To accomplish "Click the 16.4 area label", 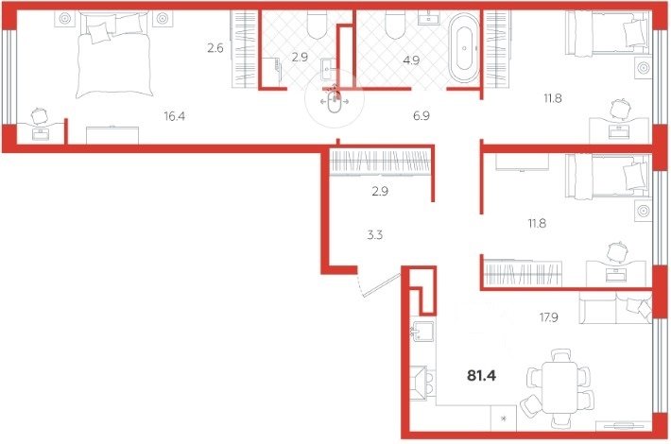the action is (x=175, y=115).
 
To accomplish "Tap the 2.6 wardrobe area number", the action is (x=215, y=48).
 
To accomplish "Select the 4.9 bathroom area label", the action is (x=411, y=60).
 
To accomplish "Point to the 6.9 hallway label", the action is (x=422, y=115).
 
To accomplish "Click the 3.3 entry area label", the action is (x=375, y=235).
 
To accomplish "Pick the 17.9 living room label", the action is (x=548, y=317).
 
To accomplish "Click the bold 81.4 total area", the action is (x=481, y=376).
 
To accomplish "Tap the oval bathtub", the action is (x=464, y=48).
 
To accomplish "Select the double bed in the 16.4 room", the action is (x=114, y=55).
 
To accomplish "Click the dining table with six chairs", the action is (x=558, y=388).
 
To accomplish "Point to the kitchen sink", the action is (x=422, y=333).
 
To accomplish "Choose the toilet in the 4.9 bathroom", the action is (x=395, y=25).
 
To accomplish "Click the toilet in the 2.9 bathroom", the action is (x=318, y=25).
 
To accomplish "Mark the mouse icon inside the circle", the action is (x=334, y=102).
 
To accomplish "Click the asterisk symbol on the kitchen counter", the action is (x=503, y=418).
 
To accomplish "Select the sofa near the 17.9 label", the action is (x=615, y=308).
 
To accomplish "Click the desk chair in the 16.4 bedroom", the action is (x=40, y=115).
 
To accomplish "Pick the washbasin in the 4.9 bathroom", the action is (x=429, y=18).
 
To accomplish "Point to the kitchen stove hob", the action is (x=422, y=383).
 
